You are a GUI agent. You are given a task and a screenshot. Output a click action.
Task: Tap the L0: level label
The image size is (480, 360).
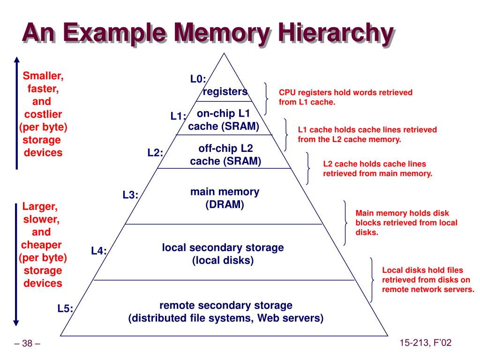198,79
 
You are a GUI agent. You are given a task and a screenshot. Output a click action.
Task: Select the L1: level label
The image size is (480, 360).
178,116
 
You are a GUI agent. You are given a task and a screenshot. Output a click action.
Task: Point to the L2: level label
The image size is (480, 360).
155,152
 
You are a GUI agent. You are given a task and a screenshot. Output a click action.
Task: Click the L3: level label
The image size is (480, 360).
131,195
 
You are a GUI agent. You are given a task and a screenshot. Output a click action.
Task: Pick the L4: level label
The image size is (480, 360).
99,251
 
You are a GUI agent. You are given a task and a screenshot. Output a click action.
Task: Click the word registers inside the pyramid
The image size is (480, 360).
225,91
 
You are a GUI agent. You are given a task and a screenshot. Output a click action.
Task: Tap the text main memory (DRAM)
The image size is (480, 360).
225,198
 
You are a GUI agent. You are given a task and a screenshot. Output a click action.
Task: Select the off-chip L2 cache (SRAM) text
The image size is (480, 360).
225,155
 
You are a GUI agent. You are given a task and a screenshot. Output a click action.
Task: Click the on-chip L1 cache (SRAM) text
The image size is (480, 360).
224,120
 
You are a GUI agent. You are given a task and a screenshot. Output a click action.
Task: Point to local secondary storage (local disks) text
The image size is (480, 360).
223,254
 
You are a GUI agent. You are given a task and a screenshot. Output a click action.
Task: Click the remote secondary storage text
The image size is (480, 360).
226,306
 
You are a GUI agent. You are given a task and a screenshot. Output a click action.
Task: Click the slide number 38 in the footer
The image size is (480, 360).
28,344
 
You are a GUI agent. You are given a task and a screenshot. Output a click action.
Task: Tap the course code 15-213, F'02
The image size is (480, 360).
426,343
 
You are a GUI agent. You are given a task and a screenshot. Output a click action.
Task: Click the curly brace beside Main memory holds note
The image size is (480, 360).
345,223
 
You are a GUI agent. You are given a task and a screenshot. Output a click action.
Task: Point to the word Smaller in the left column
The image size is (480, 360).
43,76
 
